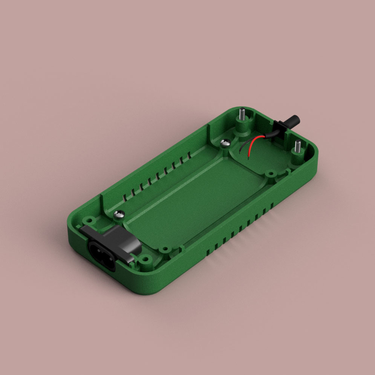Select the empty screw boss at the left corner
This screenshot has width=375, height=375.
[x=89, y=219]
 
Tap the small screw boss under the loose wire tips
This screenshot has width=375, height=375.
[x=270, y=174]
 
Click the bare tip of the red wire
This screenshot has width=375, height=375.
[x=249, y=155]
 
